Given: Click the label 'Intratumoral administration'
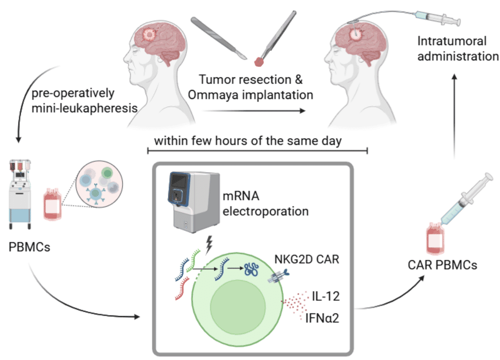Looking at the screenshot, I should point(451,49).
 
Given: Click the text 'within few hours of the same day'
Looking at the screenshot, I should point(248,140).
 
